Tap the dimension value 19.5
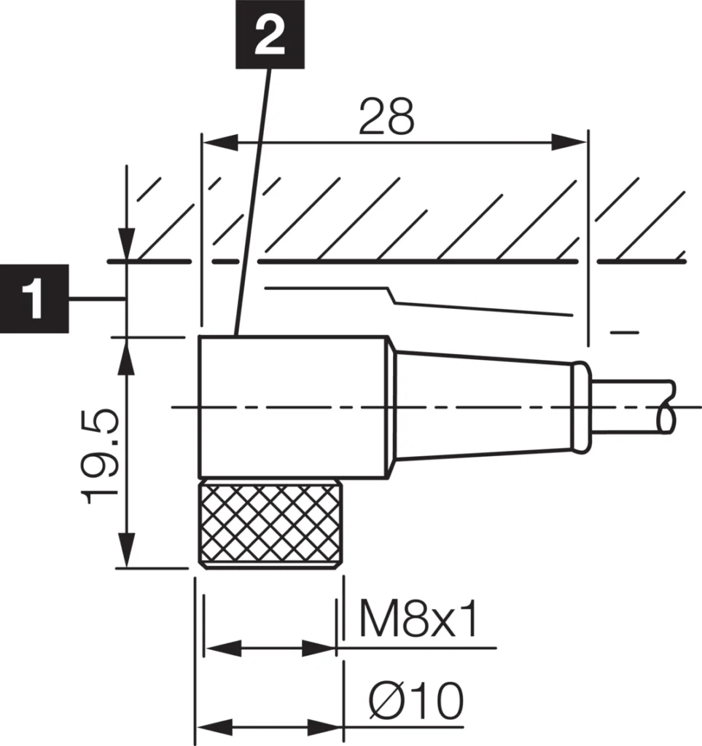click(x=101, y=457)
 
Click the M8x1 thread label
click(x=419, y=620)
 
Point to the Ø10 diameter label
click(x=415, y=702)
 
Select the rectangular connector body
click(x=293, y=407)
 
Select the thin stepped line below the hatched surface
click(x=416, y=299)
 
